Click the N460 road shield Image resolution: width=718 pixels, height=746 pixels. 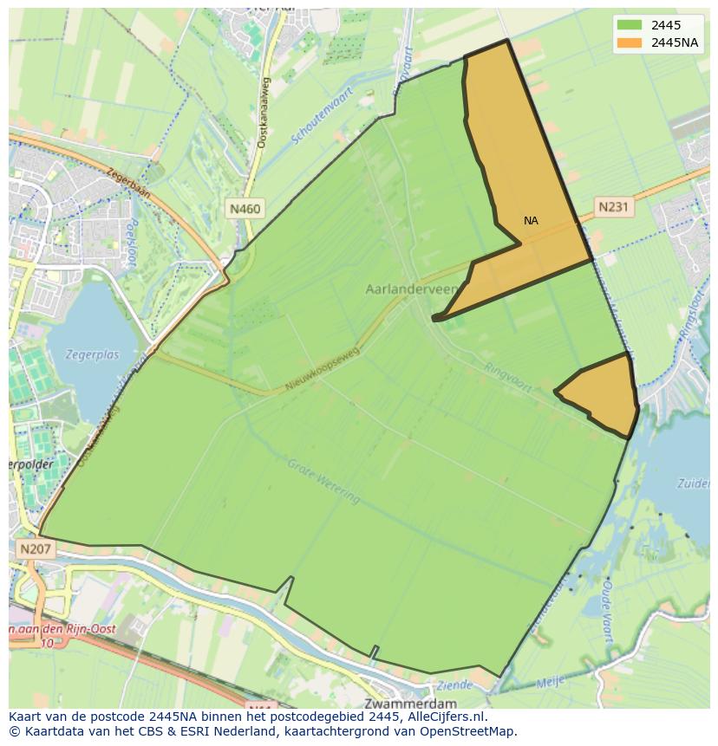click(245, 209)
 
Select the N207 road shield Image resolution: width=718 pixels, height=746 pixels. click(35, 548)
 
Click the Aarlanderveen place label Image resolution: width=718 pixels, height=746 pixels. click(412, 289)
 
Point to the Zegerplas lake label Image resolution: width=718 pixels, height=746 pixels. click(93, 354)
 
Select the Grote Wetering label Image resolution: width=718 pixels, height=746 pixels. click(323, 482)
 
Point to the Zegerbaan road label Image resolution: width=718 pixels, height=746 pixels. click(129, 184)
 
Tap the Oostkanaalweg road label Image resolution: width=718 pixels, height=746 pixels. click(263, 113)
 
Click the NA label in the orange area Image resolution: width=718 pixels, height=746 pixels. click(531, 221)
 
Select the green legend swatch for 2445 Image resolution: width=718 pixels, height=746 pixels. click(631, 25)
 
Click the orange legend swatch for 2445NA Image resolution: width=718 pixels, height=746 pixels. click(631, 42)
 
